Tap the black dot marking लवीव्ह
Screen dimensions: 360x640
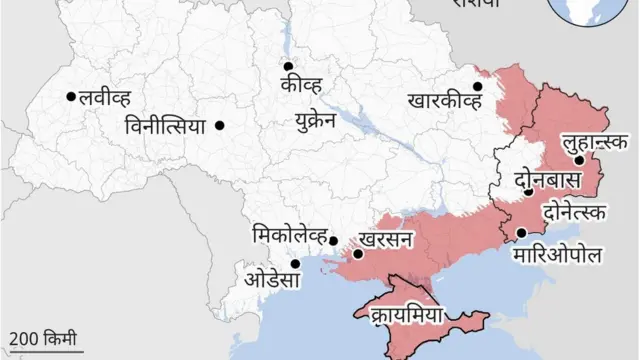point(71,97)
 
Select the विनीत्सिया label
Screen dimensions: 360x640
point(165,127)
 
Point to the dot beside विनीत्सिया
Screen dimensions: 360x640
point(219,125)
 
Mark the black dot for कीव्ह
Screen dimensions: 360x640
point(286,69)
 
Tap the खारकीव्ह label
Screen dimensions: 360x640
point(445,99)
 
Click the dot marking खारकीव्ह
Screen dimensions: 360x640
point(478,86)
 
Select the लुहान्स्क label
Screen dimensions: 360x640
point(597,143)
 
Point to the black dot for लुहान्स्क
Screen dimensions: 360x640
point(578,160)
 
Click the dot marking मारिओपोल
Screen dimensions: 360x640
point(520,233)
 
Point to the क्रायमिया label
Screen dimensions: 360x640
point(405,312)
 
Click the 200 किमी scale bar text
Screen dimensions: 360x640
point(42,338)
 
